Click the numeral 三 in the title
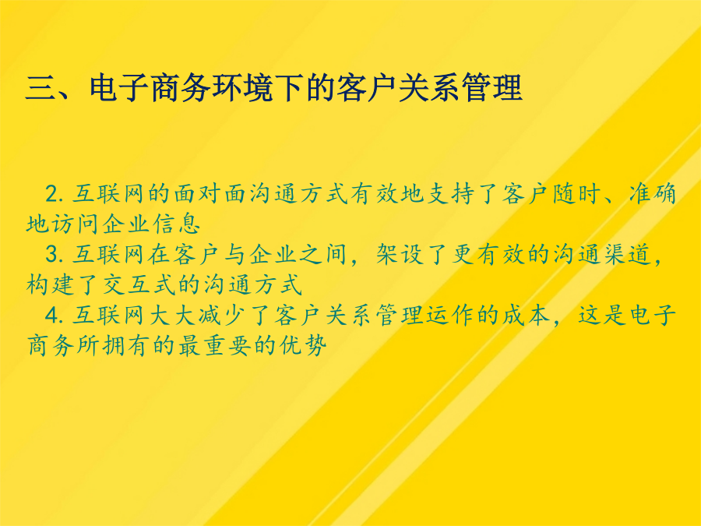pos(41,87)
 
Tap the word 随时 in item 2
pos(576,194)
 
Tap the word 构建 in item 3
pos(49,284)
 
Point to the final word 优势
pos(303,345)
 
